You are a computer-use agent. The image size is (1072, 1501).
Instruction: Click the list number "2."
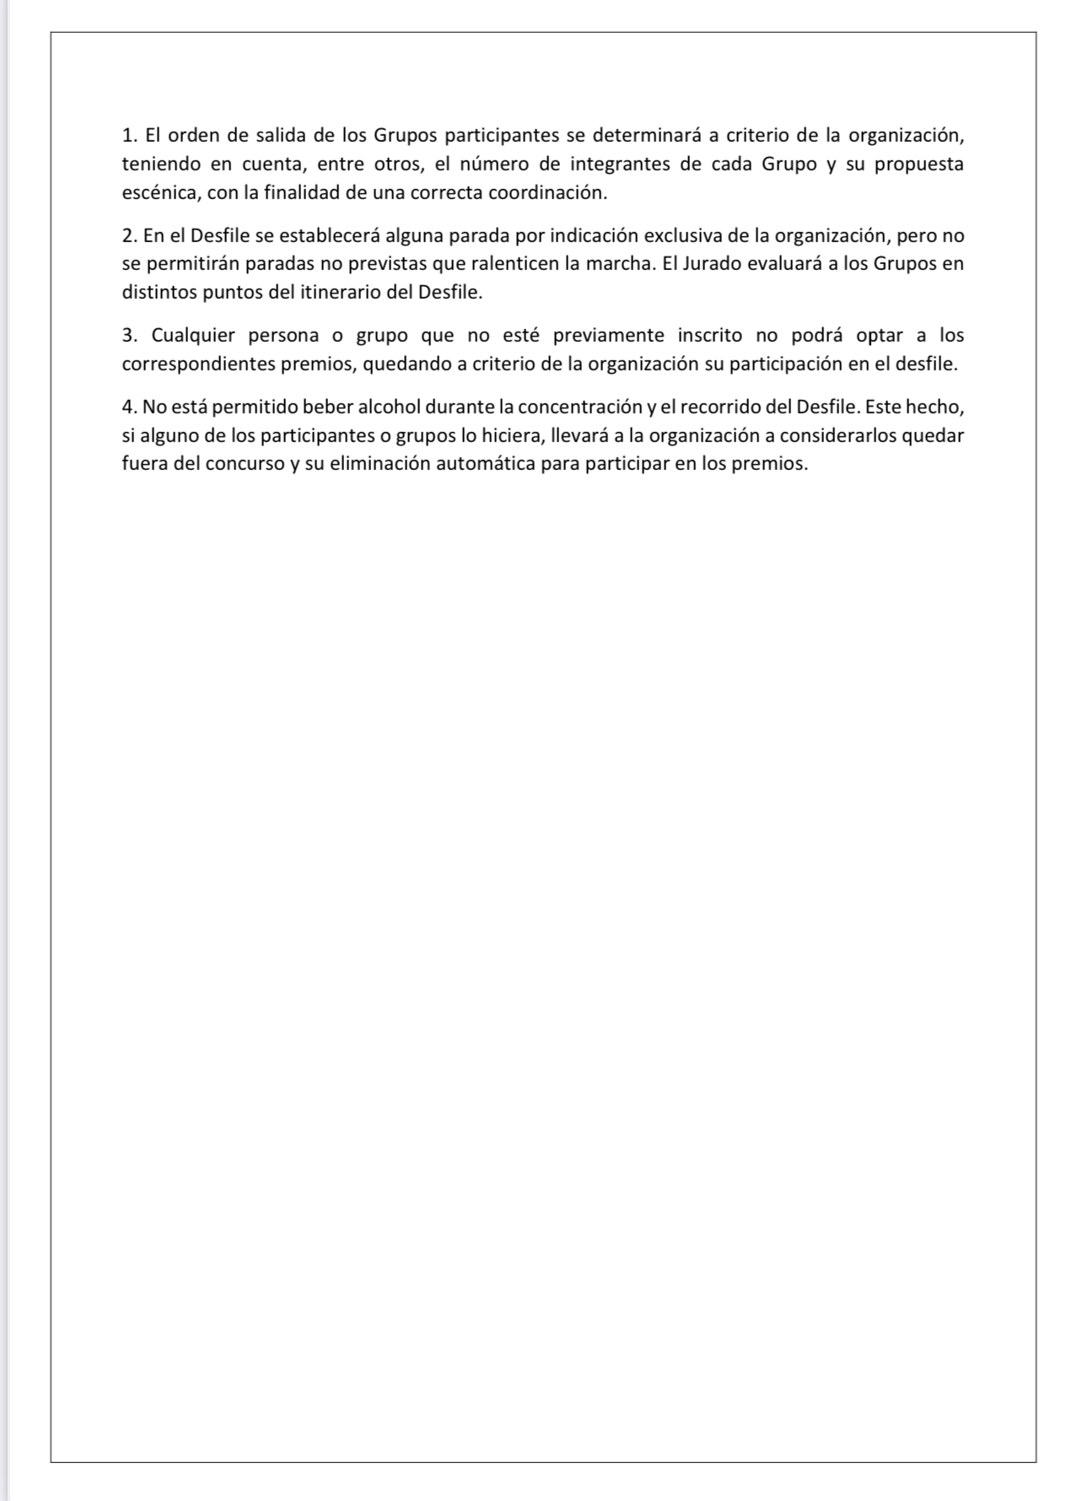130,235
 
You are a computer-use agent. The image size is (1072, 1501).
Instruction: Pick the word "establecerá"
332,235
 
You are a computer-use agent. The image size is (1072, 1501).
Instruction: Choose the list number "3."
130,336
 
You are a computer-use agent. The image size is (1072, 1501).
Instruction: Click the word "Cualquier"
193,336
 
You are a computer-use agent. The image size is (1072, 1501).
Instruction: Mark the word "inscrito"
710,336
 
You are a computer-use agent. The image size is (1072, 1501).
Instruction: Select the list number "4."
130,408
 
